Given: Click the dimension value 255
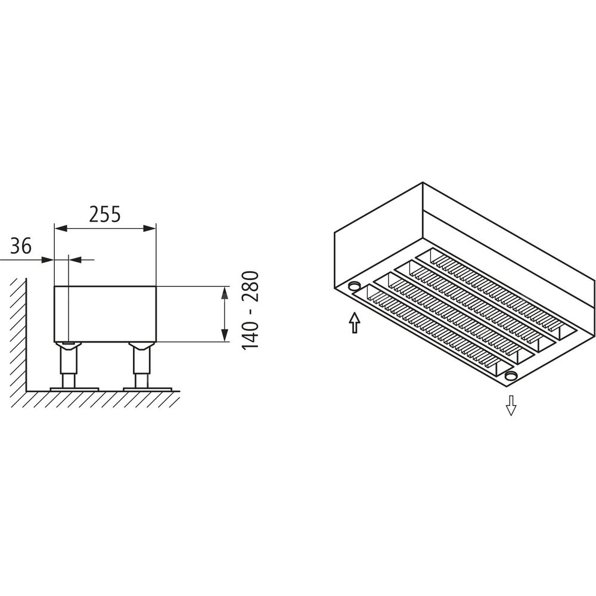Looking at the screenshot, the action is (x=105, y=214).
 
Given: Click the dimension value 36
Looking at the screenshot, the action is (x=20, y=246).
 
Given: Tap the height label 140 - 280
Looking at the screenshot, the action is (x=250, y=310).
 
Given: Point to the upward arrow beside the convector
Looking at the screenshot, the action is (x=354, y=322).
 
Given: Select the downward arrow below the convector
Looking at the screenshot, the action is (x=511, y=405).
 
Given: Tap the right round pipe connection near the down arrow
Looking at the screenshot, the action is (x=511, y=376).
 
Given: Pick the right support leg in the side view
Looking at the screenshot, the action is (x=141, y=365).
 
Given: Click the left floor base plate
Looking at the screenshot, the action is (x=74, y=389).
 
